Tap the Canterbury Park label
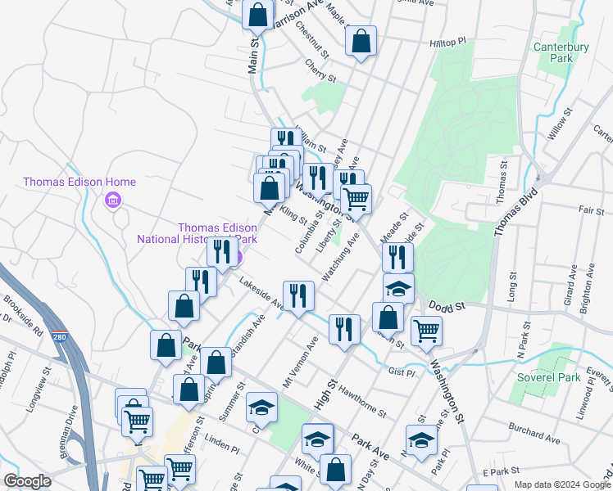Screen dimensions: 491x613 (561, 53)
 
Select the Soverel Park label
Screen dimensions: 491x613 (548, 377)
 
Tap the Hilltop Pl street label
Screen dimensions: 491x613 (447, 41)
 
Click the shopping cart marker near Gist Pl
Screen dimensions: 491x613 (426, 331)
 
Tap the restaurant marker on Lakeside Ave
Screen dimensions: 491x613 (298, 295)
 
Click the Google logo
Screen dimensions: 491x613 (27, 481)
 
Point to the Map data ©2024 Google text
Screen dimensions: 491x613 (562, 484)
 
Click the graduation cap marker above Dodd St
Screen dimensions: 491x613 (398, 289)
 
